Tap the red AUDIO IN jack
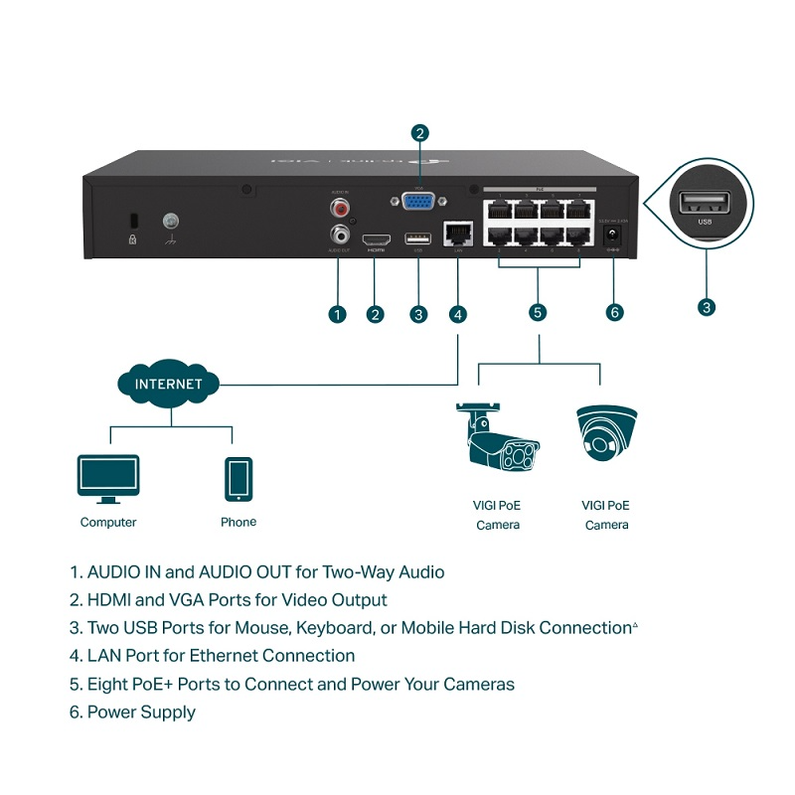click(x=342, y=209)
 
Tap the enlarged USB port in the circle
click(x=706, y=205)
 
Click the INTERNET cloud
click(x=168, y=384)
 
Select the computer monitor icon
click(x=108, y=480)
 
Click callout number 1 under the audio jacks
click(x=337, y=314)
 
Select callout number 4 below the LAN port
click(x=457, y=314)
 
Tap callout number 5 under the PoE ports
click(x=538, y=313)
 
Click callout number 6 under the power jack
click(x=614, y=313)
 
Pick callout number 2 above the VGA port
click(x=420, y=132)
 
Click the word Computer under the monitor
click(x=108, y=522)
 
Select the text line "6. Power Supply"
click(x=132, y=712)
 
